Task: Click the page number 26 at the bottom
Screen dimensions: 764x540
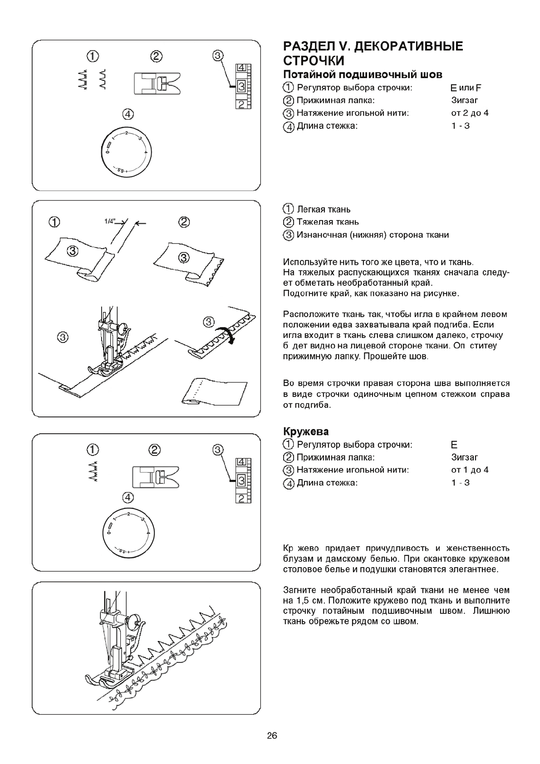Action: click(272, 736)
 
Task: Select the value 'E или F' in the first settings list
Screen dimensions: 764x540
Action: click(463, 88)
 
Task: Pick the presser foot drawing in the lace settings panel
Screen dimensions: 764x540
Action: click(156, 477)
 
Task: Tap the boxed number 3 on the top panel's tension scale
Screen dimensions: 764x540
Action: click(241, 86)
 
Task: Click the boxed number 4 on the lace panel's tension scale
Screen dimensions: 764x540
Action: click(241, 462)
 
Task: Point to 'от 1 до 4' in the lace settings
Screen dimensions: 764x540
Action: click(470, 470)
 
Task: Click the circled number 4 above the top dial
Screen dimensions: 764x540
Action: click(128, 113)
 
